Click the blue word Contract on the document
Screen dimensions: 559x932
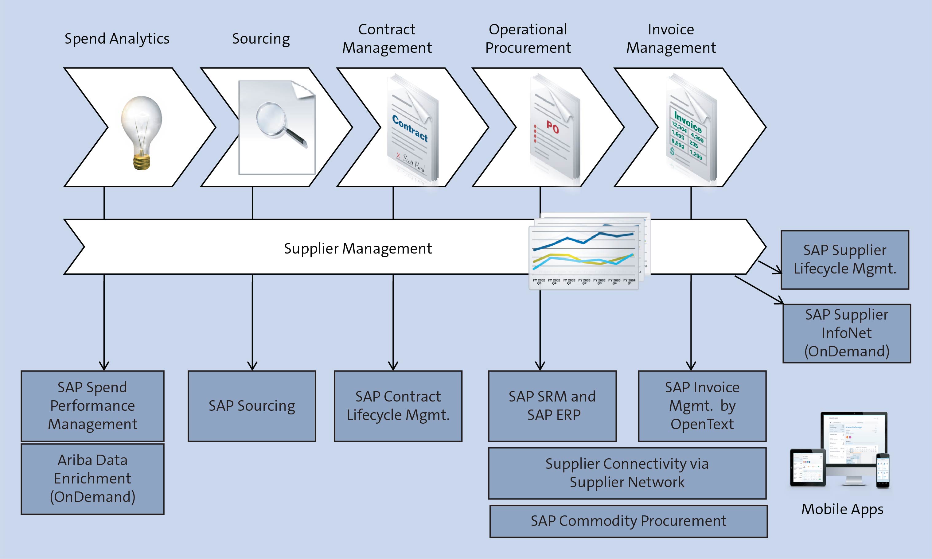coord(410,128)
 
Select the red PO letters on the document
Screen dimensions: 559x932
coord(553,128)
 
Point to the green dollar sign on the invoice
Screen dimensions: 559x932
coord(673,151)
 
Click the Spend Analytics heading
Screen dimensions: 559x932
coord(117,39)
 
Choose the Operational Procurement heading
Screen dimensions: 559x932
coord(528,39)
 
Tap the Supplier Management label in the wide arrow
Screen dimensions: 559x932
coord(357,249)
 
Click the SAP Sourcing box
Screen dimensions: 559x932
coord(252,406)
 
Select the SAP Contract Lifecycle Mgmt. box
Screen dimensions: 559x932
coord(398,406)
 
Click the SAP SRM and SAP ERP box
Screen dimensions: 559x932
coord(552,406)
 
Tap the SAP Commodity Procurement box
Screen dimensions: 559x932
coord(628,521)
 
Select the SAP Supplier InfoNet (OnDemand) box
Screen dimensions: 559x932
coord(847,333)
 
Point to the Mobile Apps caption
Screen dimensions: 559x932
coord(842,509)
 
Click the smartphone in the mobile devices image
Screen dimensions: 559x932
coord(882,471)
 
